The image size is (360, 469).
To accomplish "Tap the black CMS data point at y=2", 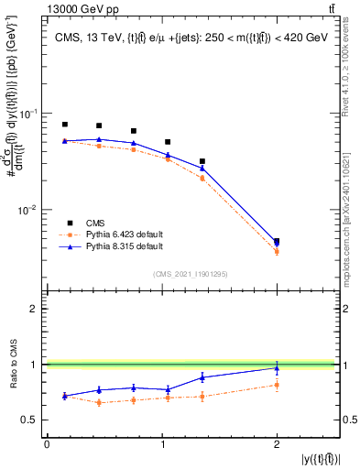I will (277, 242).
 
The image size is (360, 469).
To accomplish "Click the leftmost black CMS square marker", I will (65, 125).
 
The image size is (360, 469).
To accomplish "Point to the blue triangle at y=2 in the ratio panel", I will (277, 368).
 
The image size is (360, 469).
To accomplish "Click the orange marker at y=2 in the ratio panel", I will (277, 385).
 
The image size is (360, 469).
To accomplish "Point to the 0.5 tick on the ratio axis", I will (35, 420).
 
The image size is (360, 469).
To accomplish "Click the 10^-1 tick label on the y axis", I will (28, 114).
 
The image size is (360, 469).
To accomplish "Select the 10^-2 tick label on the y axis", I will (28, 210).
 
